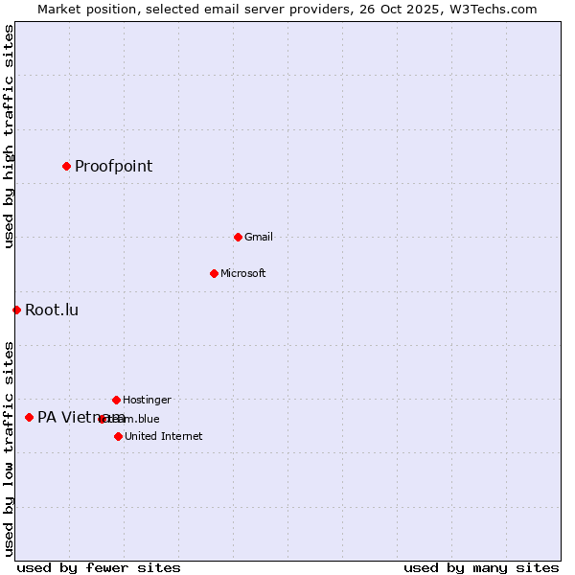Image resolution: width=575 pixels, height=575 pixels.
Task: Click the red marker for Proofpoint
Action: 66,166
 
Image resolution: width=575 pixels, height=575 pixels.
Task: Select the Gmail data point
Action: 238,237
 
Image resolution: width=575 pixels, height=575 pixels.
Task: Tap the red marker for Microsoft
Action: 214,273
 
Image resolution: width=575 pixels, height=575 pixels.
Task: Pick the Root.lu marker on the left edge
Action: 16,310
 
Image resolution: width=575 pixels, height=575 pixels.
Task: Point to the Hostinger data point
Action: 116,400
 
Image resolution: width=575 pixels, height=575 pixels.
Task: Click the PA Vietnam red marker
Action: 29,417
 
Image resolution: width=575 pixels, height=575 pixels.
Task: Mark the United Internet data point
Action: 118,436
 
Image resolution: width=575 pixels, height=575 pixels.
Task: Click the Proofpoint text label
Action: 113,167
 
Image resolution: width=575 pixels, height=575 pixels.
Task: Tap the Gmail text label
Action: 258,238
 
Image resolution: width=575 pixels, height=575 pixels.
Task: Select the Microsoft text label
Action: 242,274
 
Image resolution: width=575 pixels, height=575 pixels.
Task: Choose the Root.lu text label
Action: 52,310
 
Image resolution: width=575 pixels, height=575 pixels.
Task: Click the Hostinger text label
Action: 147,401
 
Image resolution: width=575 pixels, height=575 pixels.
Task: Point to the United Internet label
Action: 163,437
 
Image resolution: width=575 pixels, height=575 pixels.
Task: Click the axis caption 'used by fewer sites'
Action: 99,567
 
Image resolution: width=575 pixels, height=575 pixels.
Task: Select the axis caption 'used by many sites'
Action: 481,567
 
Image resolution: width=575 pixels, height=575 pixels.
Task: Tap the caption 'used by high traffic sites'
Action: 9,136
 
